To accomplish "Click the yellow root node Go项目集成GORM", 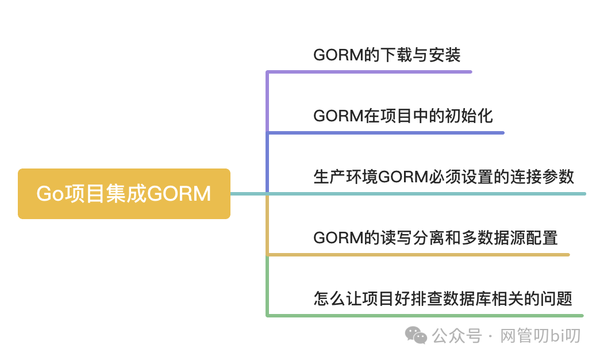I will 124,194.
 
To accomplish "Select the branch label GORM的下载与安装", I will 387,55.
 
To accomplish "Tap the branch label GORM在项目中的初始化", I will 403,116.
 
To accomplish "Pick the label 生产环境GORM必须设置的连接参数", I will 444,175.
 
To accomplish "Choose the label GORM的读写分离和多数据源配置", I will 436,237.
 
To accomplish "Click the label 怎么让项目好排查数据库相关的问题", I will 443,298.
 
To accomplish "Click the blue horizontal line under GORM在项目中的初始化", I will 385,133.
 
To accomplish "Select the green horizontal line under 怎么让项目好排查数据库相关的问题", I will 425,315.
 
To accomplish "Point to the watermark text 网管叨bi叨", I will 541,335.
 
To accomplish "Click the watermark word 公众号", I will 457,335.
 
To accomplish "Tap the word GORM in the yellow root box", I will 179,194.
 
